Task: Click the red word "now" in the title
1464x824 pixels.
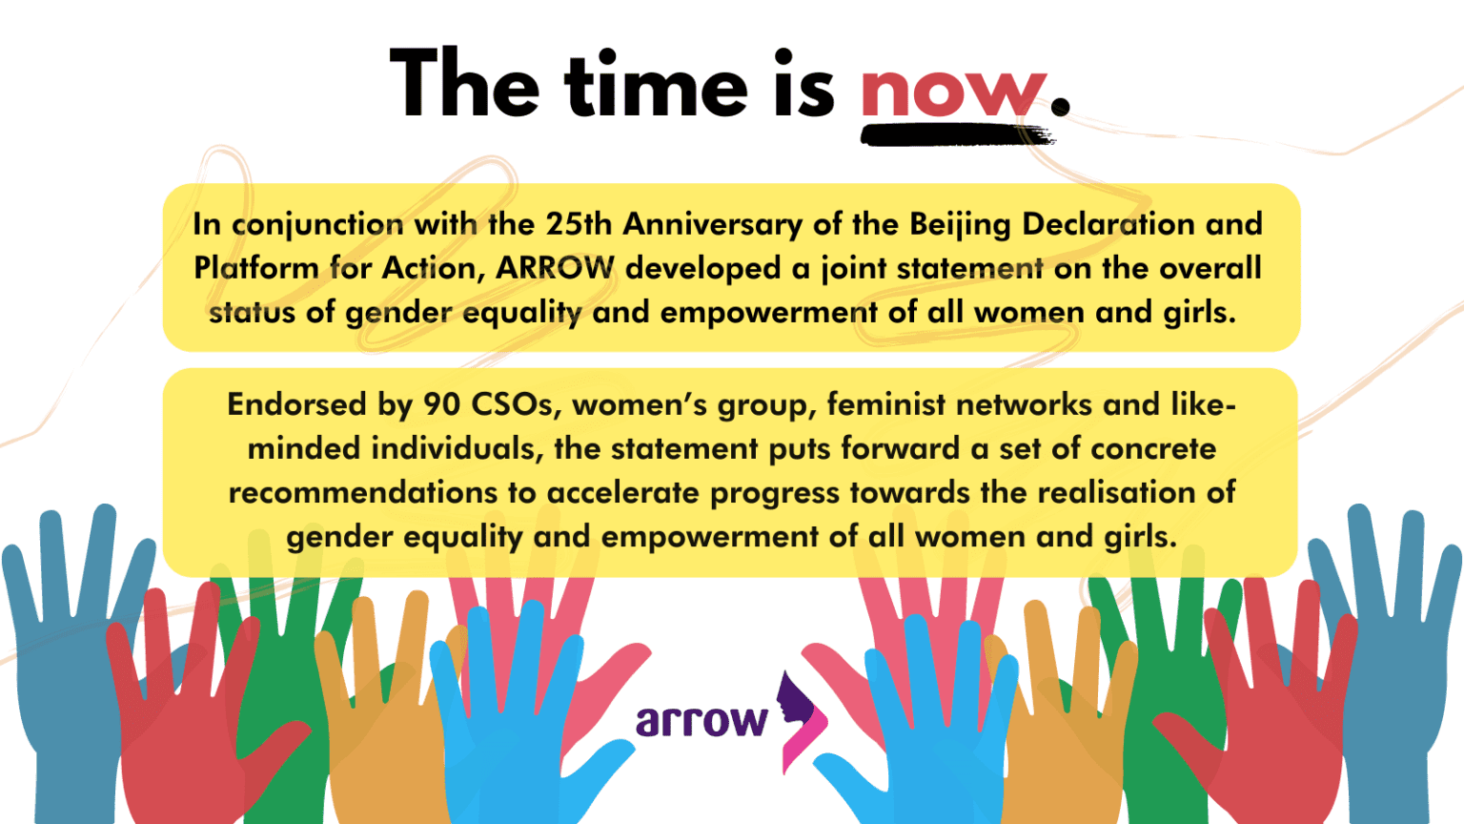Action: point(953,93)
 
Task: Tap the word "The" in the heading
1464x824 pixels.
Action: point(465,83)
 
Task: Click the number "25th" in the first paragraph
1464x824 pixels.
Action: point(579,224)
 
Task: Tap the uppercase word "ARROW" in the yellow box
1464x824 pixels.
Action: point(555,268)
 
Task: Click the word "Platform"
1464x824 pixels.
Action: point(256,268)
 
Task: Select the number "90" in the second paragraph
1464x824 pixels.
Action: point(442,404)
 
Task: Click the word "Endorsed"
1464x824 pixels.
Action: point(296,404)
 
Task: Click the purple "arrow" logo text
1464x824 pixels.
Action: point(701,721)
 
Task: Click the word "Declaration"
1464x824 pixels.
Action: point(1108,224)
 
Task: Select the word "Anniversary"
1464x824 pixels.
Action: point(712,226)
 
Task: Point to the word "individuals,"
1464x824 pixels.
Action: point(457,448)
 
